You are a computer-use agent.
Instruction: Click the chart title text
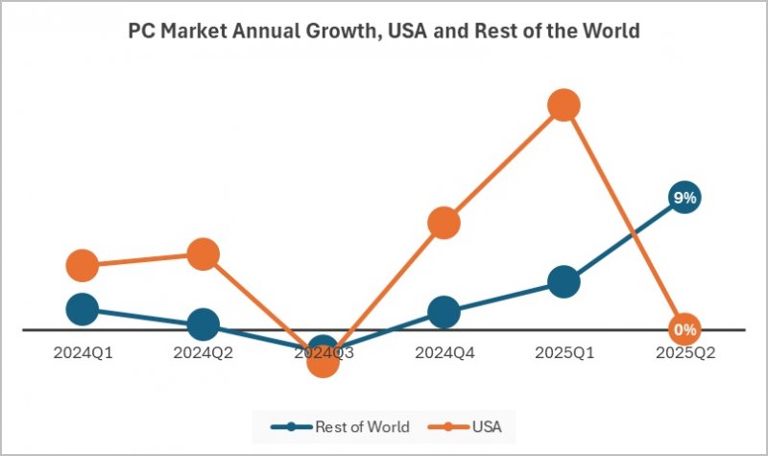pyautogui.click(x=384, y=31)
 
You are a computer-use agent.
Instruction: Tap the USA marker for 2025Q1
pyautogui.click(x=564, y=106)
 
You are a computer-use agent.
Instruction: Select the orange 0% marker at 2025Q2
pyautogui.click(x=684, y=329)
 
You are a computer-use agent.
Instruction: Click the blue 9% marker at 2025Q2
pyautogui.click(x=684, y=198)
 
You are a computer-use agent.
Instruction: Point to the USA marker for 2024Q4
pyautogui.click(x=444, y=223)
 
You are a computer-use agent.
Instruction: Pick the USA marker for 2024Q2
pyautogui.click(x=203, y=254)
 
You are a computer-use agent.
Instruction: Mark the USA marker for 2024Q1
pyautogui.click(x=83, y=265)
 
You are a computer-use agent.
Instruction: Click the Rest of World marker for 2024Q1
pyautogui.click(x=83, y=309)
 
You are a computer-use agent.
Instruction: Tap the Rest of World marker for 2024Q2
pyautogui.click(x=203, y=324)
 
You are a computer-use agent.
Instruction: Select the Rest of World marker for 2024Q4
pyautogui.click(x=444, y=312)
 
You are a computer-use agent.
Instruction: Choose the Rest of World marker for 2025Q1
pyautogui.click(x=564, y=281)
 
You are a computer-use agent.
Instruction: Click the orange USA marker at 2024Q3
pyautogui.click(x=324, y=361)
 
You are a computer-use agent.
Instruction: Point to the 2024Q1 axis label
pyautogui.click(x=83, y=352)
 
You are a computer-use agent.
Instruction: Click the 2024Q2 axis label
pyautogui.click(x=203, y=352)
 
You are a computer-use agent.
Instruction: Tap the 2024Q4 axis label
pyautogui.click(x=444, y=352)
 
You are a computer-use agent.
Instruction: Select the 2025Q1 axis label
pyautogui.click(x=564, y=352)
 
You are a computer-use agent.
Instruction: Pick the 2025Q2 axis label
pyautogui.click(x=684, y=352)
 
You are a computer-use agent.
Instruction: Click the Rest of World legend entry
pyautogui.click(x=341, y=426)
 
